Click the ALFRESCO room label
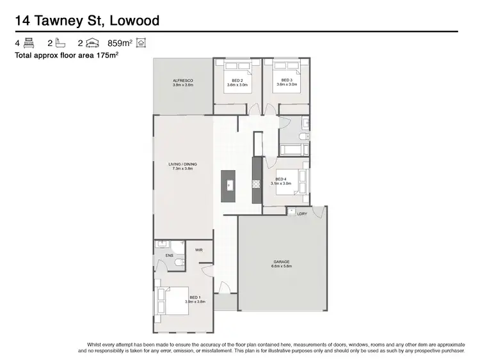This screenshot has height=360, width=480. coord(182,81)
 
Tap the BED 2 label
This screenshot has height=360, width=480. coord(237,80)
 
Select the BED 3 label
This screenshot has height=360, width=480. coord(287,80)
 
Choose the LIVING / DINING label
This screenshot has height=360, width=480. coord(182,164)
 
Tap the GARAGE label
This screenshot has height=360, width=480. coord(282,262)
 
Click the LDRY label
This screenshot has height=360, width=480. coord(302,214)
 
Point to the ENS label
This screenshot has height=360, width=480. coord(169,256)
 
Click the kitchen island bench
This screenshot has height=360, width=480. coord(228,185)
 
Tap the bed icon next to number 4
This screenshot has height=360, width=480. coord(29,43)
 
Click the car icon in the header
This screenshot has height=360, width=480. coord(93,43)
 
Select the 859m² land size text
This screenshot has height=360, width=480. coord(120,43)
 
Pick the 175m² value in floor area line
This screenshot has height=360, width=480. coord(108,56)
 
